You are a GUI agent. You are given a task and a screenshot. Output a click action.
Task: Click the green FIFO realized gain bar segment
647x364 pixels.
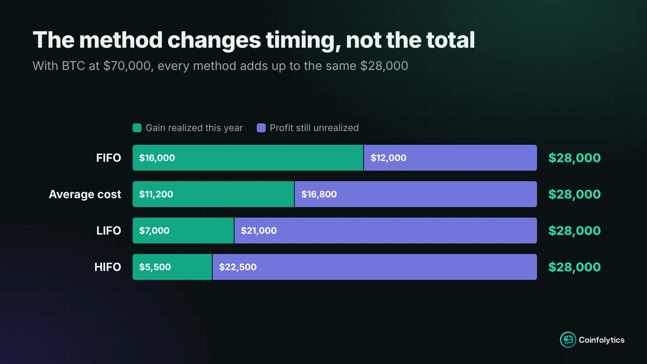[x=248, y=158]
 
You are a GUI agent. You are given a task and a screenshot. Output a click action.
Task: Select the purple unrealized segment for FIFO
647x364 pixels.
[x=450, y=158]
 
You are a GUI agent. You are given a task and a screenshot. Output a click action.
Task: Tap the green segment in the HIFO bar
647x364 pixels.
[x=172, y=267]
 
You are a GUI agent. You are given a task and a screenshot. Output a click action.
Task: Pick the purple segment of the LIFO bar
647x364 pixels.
[x=386, y=231]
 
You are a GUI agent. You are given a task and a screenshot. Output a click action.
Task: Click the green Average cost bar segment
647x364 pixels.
[x=213, y=194]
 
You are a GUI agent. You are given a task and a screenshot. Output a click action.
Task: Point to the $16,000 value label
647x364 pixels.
[x=157, y=158]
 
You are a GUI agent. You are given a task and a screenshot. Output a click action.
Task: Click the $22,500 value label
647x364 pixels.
[x=238, y=267]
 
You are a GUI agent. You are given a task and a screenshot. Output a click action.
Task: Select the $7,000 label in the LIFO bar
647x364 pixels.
[x=154, y=231]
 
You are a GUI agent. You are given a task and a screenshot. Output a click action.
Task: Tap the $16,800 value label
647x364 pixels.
[x=319, y=195]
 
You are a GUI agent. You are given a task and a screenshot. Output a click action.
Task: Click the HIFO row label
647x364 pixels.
[x=108, y=267]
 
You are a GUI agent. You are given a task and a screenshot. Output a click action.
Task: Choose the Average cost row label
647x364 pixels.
[x=85, y=195]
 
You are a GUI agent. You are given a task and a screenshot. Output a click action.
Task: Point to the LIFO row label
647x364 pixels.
[x=109, y=231]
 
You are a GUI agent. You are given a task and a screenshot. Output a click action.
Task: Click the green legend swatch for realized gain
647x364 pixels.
[x=137, y=128]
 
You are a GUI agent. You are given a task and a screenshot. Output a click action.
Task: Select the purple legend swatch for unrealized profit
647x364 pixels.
[x=261, y=128]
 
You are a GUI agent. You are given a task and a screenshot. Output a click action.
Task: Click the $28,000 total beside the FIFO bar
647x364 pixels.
[x=575, y=158]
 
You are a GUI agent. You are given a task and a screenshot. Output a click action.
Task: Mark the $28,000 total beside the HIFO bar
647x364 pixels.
[x=575, y=267]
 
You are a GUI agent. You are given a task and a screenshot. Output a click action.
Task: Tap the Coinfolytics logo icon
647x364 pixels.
[x=568, y=340]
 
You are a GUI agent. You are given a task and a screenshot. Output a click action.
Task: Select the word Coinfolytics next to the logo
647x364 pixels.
[x=602, y=340]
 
